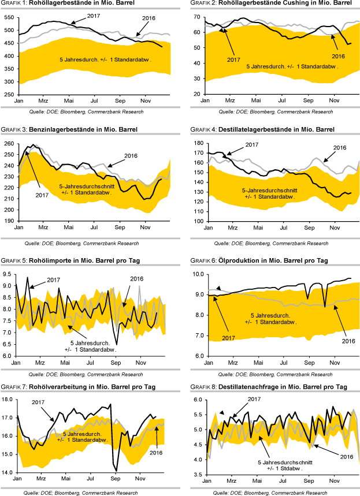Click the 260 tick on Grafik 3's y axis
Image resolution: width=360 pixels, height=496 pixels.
tap(9, 143)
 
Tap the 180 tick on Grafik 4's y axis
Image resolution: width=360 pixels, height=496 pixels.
tap(195, 143)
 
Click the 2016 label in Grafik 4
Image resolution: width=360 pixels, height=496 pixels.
tap(339, 148)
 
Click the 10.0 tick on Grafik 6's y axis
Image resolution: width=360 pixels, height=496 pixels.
tap(195, 274)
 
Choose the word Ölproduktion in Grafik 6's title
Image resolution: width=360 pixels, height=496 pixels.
tap(237, 261)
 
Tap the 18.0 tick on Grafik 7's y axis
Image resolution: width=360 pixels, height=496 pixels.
tap(9, 400)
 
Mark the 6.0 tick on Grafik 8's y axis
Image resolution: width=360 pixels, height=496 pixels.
tap(196, 400)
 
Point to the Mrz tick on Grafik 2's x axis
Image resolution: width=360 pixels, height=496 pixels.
tap(230, 100)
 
